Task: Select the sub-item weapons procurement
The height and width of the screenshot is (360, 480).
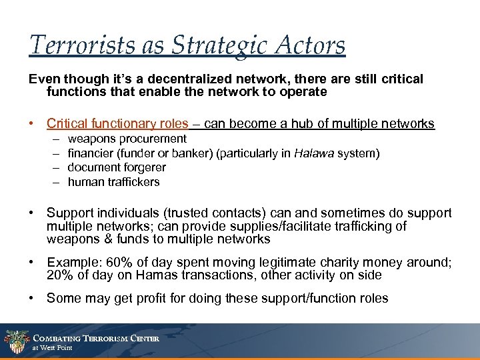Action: [x=127, y=139]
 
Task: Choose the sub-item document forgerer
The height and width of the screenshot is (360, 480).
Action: [x=117, y=167]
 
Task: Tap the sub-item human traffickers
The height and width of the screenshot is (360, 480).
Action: [x=113, y=182]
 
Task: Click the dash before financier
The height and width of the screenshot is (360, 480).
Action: [x=53, y=153]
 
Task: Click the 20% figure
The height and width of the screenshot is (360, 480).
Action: [x=60, y=275]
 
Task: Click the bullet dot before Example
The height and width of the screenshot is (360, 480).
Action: [x=33, y=263]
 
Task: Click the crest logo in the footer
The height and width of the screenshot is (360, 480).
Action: [x=15, y=342]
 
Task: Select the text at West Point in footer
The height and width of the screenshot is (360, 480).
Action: [x=53, y=348]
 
